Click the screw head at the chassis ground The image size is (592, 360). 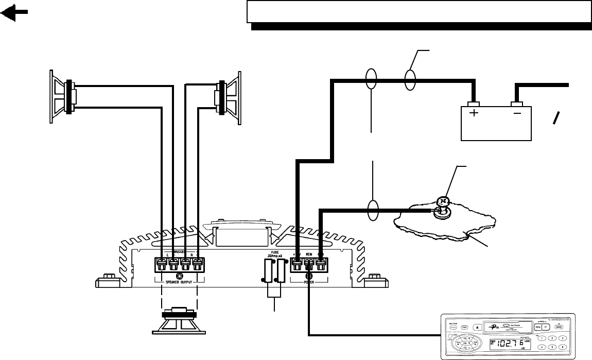441,202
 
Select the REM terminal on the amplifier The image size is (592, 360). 309,265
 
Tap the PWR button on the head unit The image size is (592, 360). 464,327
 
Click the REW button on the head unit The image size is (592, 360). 538,327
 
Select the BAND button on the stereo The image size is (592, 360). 559,327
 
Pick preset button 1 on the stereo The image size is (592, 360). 540,338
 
